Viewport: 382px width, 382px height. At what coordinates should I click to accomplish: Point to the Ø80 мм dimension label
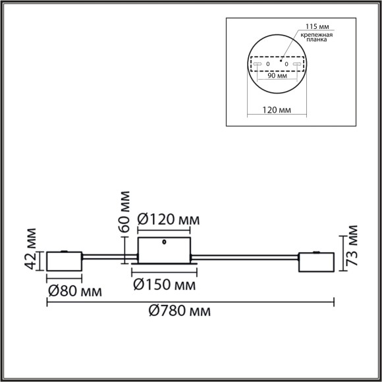74,290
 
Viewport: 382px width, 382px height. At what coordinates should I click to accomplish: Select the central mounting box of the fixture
164,252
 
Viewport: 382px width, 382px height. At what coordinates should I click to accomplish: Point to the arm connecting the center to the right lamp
245,256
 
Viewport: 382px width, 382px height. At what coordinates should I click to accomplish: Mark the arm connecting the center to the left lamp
109,256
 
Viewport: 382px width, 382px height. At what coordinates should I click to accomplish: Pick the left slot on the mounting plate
258,64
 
